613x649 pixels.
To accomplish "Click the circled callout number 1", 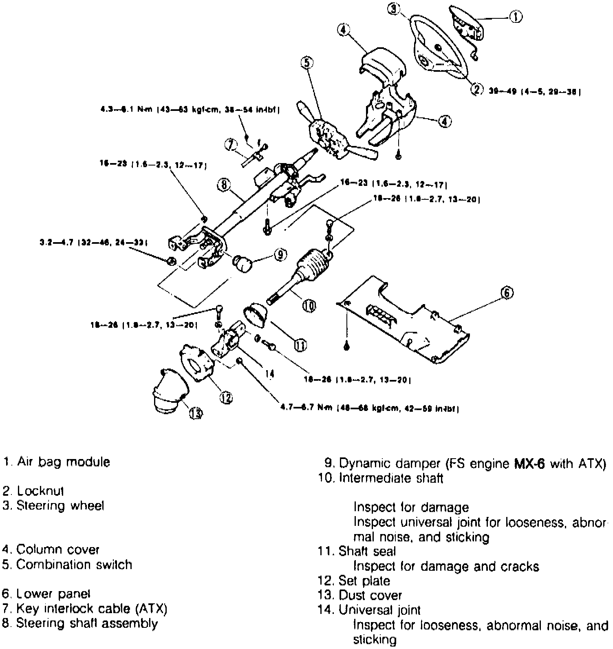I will click(x=516, y=17).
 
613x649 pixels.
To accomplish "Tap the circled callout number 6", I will click(x=507, y=293).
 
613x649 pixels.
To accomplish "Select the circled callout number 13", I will click(x=196, y=413).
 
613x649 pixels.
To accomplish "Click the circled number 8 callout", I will click(x=223, y=186).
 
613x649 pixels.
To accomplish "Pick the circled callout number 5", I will click(x=307, y=62).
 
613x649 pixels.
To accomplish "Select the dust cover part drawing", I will click(x=168, y=392).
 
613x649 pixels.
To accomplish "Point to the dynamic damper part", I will click(x=243, y=263).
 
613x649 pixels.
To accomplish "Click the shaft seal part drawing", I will click(x=256, y=316).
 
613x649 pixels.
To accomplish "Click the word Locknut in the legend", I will click(x=41, y=491).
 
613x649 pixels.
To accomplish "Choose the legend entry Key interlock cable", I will click(x=92, y=609).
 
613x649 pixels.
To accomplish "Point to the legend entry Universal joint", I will click(x=379, y=610).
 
